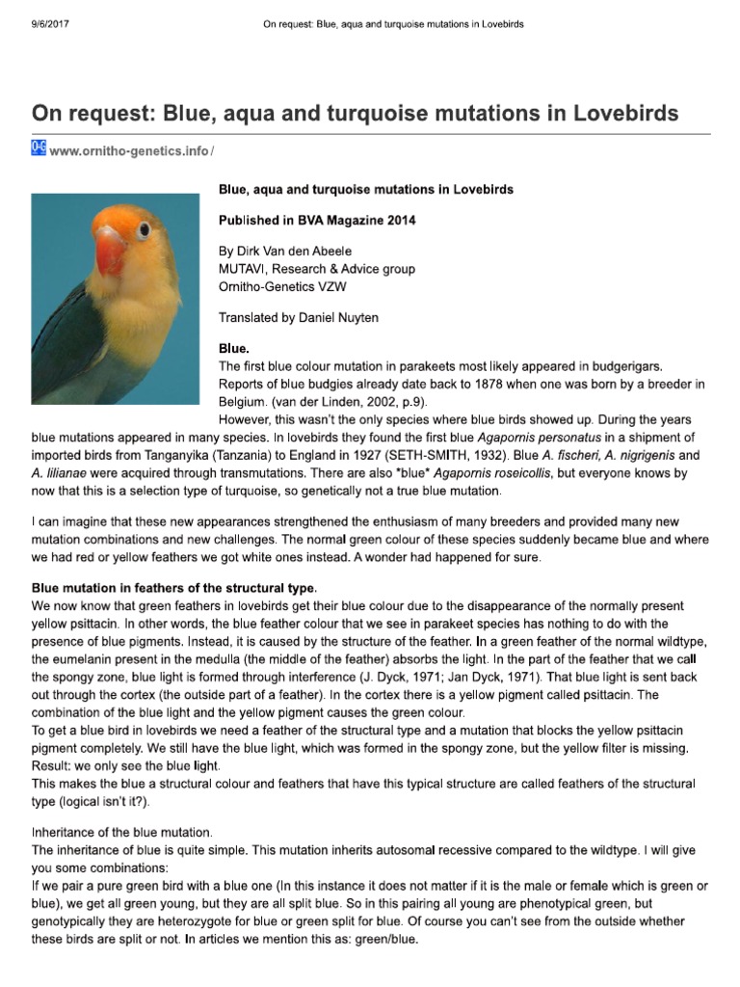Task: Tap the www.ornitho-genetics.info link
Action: (129, 151)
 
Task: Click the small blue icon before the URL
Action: (40, 148)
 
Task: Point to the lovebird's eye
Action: (144, 228)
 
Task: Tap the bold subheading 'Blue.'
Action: (234, 350)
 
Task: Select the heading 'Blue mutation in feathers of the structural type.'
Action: (174, 588)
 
